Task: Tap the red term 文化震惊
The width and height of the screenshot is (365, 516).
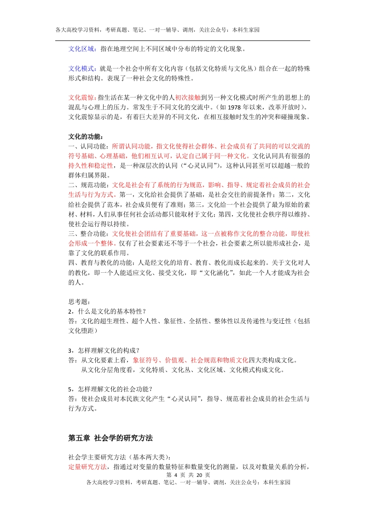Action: click(82, 97)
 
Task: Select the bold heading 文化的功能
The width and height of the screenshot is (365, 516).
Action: click(85, 137)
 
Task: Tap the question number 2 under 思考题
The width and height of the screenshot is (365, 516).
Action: click(70, 312)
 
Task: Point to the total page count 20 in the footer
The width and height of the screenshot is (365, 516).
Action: click(199, 475)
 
